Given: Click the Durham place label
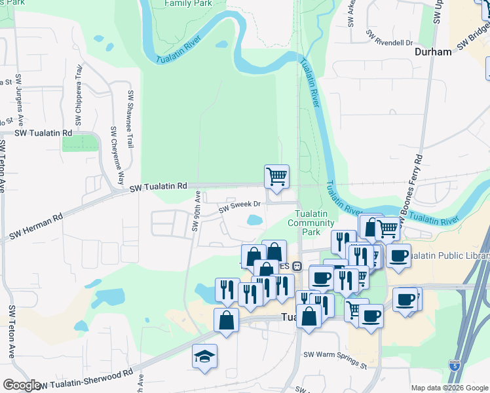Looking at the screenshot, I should [x=433, y=52].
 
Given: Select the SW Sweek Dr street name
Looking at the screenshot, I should [x=240, y=206].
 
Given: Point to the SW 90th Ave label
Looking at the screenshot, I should [x=196, y=211].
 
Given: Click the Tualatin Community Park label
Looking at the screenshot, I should [x=311, y=223].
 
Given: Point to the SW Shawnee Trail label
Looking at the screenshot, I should [x=131, y=119].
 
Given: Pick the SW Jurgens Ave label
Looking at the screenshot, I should [x=20, y=99].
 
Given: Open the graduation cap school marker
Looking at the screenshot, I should [x=204, y=356].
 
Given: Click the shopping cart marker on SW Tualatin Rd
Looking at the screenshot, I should [x=276, y=176].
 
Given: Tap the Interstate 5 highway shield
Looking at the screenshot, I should [x=454, y=362].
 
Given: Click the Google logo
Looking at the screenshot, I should [x=21, y=385].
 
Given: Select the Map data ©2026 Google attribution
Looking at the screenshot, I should [x=449, y=388].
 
